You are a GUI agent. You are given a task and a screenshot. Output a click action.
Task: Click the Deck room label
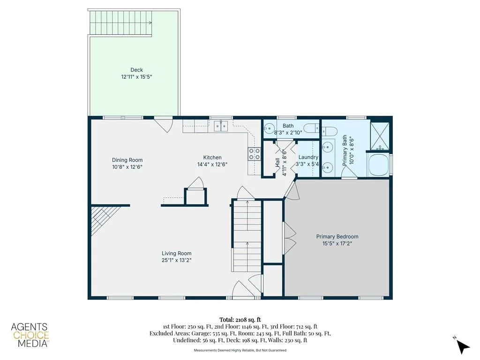[x=136, y=70]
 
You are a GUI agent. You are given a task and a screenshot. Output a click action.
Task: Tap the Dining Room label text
[x=127, y=160]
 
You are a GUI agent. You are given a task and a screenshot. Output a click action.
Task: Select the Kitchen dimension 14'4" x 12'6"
[x=212, y=165]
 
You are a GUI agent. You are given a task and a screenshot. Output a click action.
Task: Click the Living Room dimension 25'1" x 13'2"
[x=177, y=260]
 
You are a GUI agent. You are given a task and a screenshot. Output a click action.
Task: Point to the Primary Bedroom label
[x=337, y=236]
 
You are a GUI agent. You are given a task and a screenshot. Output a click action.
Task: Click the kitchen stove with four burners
[x=254, y=154]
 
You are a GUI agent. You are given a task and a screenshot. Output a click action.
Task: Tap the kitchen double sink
[x=221, y=126]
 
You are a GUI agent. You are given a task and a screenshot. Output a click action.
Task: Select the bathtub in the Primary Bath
[x=378, y=165]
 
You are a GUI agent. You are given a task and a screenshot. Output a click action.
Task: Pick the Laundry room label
[x=308, y=157]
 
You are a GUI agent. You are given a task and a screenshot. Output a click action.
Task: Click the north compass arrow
[x=462, y=345]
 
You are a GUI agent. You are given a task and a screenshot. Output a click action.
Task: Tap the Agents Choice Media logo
[x=30, y=335]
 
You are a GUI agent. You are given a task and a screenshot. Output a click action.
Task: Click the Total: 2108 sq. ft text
[x=240, y=320]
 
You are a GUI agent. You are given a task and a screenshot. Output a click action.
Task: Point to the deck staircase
[x=121, y=22]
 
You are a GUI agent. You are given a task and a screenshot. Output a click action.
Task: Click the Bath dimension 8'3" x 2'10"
[x=288, y=133]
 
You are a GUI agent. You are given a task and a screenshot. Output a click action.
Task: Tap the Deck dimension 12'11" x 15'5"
[x=136, y=77]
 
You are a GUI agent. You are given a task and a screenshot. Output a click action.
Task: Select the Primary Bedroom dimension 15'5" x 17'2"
[x=337, y=243]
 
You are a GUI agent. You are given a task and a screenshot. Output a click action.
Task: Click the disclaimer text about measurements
[x=240, y=350]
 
